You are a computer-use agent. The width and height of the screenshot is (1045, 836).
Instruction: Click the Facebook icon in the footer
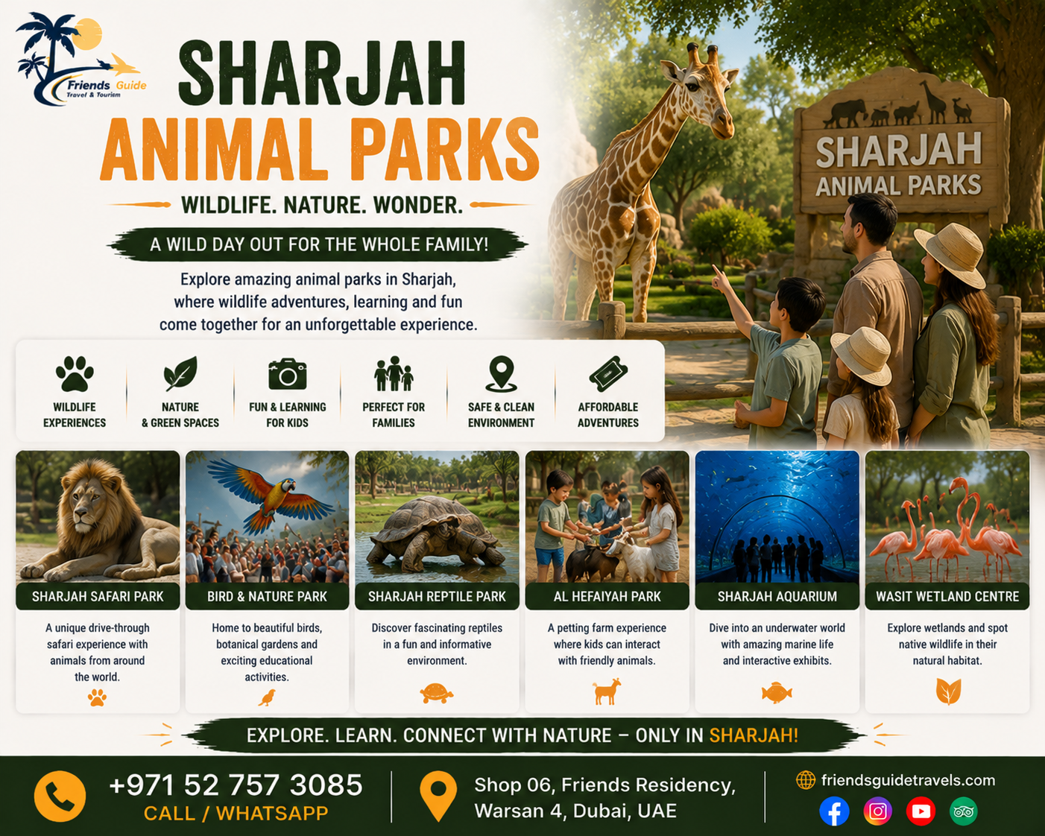834,811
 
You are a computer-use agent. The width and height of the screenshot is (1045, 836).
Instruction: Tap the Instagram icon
877,811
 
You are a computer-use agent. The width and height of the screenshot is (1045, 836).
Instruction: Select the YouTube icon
921,811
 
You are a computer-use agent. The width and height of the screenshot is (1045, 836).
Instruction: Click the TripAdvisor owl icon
964,811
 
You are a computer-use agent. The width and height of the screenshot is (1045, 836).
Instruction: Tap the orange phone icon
60,797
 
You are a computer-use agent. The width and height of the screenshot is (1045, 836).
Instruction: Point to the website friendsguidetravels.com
908,780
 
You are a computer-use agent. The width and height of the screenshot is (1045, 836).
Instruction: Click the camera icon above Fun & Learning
288,374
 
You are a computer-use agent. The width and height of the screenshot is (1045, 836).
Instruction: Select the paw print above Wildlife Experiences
75,374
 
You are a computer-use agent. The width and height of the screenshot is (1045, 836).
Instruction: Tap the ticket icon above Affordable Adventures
608,374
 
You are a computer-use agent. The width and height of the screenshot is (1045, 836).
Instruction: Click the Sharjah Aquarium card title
777,596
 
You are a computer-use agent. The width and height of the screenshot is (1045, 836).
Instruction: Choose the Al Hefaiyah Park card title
607,596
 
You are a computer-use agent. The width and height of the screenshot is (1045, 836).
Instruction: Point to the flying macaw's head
286,486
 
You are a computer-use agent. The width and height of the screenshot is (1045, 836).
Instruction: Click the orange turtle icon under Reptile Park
437,693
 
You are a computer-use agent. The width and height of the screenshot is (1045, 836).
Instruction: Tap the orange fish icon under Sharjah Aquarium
777,693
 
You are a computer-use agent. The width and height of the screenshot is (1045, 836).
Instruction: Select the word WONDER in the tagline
418,205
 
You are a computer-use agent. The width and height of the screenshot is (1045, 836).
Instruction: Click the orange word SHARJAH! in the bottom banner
754,735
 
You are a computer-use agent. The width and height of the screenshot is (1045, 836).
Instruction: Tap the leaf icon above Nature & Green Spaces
180,374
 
